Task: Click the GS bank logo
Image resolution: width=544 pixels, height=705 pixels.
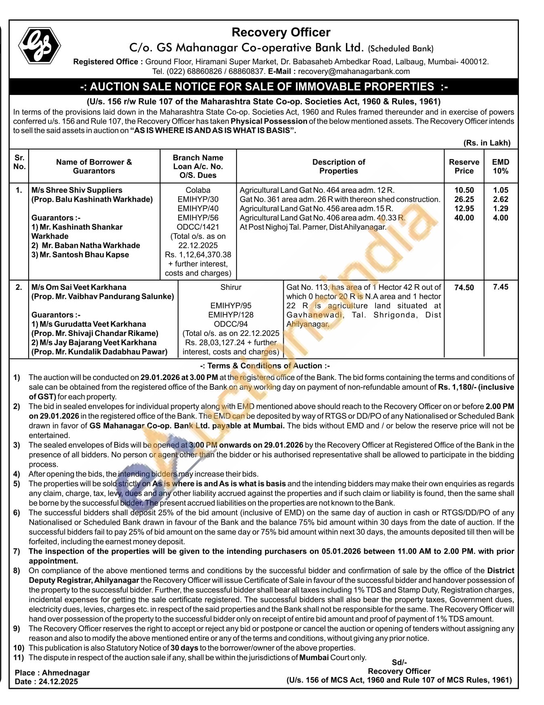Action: point(39,46)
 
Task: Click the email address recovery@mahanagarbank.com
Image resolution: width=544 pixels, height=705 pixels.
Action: point(354,72)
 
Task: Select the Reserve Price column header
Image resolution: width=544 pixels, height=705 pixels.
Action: point(464,166)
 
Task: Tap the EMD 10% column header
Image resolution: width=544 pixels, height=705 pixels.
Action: point(500,166)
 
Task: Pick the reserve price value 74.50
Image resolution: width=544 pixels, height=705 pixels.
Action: point(464,287)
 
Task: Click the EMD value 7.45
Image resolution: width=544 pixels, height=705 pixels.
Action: point(500,287)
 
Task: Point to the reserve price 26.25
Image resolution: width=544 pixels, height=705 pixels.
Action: point(464,199)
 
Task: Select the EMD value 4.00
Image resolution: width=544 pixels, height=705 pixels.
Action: point(500,218)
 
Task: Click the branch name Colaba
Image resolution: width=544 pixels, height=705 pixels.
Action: point(198,190)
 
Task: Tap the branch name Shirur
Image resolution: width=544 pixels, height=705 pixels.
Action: point(231,287)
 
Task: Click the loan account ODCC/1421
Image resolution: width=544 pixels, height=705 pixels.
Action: point(198,227)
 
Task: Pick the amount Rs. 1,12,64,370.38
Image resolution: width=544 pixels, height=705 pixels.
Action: point(198,255)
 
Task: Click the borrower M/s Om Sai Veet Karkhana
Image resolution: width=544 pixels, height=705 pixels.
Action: point(79,287)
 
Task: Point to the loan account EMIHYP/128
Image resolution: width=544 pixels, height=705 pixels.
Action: point(231,315)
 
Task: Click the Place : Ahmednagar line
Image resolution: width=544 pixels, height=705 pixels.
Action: point(52,673)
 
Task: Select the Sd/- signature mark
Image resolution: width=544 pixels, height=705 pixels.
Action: point(399,662)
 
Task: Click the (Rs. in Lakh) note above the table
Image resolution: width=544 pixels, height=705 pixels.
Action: point(487,143)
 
